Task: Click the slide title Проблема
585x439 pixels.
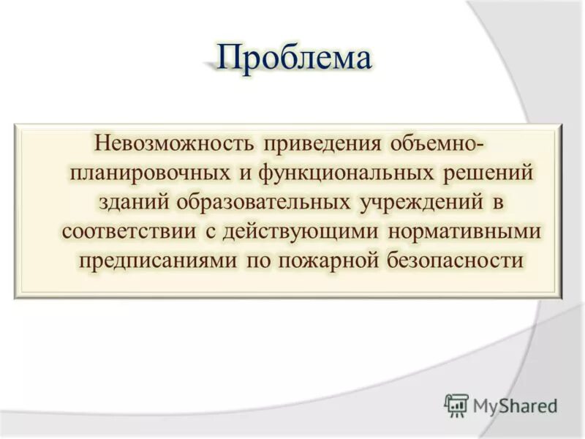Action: click(294, 58)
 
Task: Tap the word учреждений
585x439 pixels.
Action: click(423, 201)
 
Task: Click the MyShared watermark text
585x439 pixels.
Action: click(515, 405)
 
